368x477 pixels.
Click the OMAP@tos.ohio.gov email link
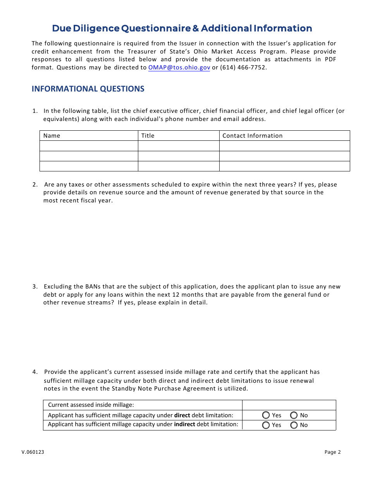coord(179,67)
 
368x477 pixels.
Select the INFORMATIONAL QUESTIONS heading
coord(88,89)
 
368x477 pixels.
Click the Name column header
coord(52,136)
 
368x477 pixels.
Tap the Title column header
coord(148,136)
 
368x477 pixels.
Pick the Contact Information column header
coord(252,136)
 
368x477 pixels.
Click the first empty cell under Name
coord(89,146)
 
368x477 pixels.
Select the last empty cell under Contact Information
coord(284,166)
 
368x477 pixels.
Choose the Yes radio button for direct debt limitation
coord(266,415)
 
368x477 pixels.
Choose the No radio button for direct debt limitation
coord(294,415)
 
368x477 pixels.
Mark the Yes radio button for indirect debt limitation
coord(266,425)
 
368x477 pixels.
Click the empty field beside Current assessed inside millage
coord(289,405)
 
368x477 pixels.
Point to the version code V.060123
coord(33,452)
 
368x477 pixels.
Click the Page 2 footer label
coord(332,452)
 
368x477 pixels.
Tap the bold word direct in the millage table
coord(182,415)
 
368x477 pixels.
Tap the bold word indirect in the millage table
coord(184,424)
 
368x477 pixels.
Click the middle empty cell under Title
coord(179,156)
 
